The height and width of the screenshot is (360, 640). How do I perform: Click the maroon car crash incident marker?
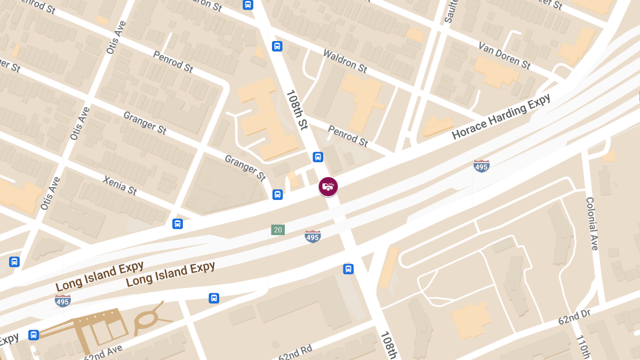[x=328, y=187]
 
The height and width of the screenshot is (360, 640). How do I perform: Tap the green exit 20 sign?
[x=277, y=230]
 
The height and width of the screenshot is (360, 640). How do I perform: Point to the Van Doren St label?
[x=505, y=55]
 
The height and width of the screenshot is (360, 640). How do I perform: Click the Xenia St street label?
[x=120, y=185]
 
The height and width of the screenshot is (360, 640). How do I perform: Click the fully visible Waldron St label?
[x=345, y=61]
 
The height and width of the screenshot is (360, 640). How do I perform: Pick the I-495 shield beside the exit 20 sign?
[x=313, y=236]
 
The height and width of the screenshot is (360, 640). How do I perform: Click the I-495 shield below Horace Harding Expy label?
[x=481, y=166]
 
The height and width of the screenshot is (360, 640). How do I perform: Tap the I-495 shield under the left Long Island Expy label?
[x=62, y=300]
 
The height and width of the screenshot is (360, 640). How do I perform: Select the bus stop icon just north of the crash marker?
[x=318, y=157]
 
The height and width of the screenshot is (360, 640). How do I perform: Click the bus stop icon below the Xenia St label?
[x=178, y=224]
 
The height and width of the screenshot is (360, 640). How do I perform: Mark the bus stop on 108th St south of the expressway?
[x=348, y=269]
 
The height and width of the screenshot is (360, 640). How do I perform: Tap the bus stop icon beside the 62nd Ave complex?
[x=34, y=335]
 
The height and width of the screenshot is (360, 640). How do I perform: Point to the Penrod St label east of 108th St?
[x=348, y=135]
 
